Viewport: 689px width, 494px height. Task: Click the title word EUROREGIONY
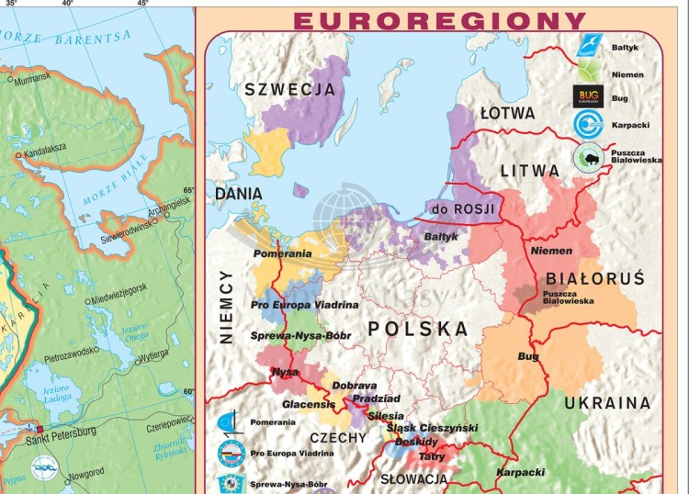click(x=439, y=20)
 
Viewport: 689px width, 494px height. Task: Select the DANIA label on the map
click(x=239, y=195)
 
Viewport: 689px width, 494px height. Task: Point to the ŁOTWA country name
click(x=507, y=113)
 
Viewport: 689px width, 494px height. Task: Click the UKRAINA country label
click(x=607, y=403)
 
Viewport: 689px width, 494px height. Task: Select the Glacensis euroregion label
click(x=309, y=405)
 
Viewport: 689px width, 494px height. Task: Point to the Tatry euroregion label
click(x=432, y=455)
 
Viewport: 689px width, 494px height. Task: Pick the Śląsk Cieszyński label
click(x=432, y=428)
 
